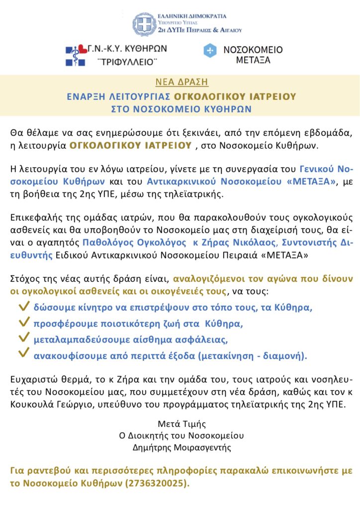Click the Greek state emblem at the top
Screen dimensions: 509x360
point(144,24)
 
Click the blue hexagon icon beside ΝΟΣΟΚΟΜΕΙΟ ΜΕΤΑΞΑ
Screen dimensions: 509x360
point(211,51)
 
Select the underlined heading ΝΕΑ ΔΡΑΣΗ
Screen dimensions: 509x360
point(181,82)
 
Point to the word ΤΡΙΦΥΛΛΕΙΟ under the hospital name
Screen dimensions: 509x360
point(120,63)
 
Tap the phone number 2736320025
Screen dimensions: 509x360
point(158,483)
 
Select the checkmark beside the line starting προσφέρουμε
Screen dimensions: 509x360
point(23,323)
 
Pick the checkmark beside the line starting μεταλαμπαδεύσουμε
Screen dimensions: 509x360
point(23,339)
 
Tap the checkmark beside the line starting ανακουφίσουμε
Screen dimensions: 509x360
point(23,355)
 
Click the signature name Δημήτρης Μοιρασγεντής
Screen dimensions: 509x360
point(181,447)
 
